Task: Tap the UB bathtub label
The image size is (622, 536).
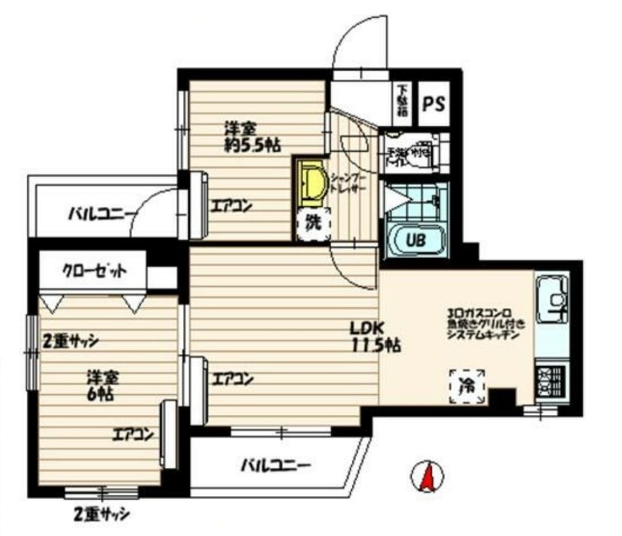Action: pos(415,241)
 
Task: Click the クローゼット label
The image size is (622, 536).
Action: pos(93,270)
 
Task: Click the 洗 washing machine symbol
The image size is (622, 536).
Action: pos(312,224)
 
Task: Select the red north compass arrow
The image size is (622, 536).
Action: pos(426,476)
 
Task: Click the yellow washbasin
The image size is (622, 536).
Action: pos(312,184)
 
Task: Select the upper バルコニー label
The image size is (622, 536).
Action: pos(101,212)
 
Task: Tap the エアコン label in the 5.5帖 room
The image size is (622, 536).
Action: pos(231,205)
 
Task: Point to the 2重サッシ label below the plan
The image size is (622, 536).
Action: pos(101,515)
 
